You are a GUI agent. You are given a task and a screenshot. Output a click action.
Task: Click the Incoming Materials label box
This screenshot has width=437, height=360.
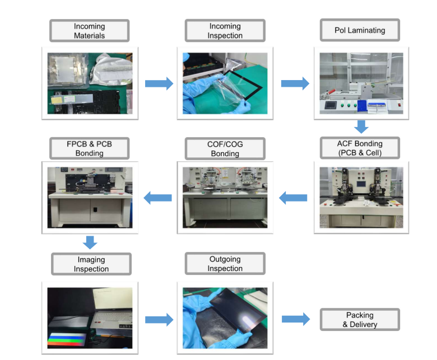pos(90,31)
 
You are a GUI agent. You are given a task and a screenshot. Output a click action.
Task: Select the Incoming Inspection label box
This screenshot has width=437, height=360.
pos(225,31)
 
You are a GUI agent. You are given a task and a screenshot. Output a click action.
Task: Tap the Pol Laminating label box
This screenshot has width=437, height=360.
pos(360,30)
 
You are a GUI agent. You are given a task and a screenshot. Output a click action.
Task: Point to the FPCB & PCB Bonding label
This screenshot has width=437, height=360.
pos(90,148)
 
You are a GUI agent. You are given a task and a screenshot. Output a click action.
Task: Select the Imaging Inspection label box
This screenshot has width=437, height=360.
pos(91,264)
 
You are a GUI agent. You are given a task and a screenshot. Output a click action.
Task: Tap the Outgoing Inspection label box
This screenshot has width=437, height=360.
pos(225,264)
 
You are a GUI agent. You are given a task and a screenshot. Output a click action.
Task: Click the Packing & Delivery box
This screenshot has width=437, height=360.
pos(360,320)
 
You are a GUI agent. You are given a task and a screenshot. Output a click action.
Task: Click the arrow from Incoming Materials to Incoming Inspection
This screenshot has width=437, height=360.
pos(159,83)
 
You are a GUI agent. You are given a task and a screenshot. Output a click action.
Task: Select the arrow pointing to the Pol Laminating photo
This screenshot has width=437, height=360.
pos(295,83)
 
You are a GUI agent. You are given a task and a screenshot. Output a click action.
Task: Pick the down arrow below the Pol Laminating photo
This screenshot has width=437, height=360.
pos(361,127)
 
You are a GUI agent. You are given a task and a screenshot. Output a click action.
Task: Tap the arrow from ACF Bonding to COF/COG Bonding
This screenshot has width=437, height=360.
pos(293,197)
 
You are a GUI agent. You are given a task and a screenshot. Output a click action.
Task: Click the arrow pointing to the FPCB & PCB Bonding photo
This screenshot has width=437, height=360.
pos(158,197)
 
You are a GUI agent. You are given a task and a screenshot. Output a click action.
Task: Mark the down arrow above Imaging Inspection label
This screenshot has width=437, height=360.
pos(90,242)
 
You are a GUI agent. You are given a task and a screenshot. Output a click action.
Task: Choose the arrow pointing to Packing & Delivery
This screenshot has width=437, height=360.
pos(295,319)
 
